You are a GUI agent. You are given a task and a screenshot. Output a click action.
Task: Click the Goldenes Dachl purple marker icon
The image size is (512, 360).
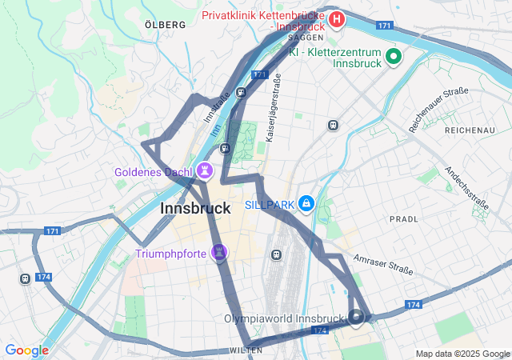click(x=205, y=170)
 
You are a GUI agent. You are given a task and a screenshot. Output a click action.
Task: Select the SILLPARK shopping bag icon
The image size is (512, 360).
click(x=306, y=205)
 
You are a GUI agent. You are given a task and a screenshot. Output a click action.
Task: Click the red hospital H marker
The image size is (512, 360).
click(x=337, y=18)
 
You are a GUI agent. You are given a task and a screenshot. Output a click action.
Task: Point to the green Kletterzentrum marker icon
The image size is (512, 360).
click(x=393, y=56)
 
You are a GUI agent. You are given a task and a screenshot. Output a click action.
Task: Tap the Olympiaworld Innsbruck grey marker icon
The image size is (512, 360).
click(x=356, y=318)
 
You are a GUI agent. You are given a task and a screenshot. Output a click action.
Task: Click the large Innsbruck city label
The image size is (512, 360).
click(x=196, y=208)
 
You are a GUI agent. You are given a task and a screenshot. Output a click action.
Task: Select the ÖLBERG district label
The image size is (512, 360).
click(x=165, y=25)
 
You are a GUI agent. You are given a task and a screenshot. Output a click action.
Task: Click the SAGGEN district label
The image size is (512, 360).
click(x=306, y=38)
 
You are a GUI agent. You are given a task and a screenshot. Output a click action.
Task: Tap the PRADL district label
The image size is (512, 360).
click(x=403, y=218)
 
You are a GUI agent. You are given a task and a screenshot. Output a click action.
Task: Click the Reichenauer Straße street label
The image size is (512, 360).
click(x=438, y=110)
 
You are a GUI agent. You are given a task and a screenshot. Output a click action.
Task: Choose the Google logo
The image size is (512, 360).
click(x=26, y=350)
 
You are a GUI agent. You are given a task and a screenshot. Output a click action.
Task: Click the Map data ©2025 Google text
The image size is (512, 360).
click(x=462, y=354)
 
